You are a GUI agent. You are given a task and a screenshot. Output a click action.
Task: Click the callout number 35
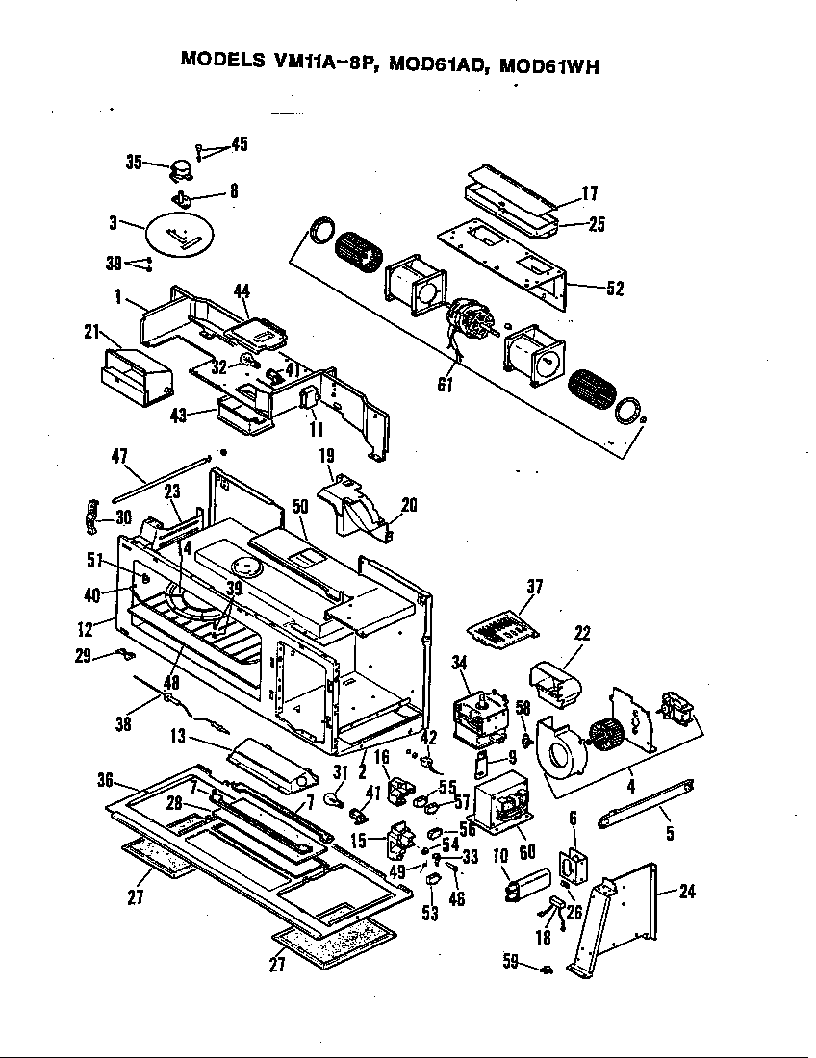[x=134, y=162]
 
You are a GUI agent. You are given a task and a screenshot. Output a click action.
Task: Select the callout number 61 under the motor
[x=445, y=386]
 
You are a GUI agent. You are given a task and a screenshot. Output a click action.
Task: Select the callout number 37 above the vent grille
[x=534, y=588]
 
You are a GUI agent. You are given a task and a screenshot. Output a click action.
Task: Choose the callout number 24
[x=685, y=891]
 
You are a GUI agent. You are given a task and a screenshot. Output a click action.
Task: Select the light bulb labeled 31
[x=336, y=798]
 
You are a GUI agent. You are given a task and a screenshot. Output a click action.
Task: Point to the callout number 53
[x=430, y=912]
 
